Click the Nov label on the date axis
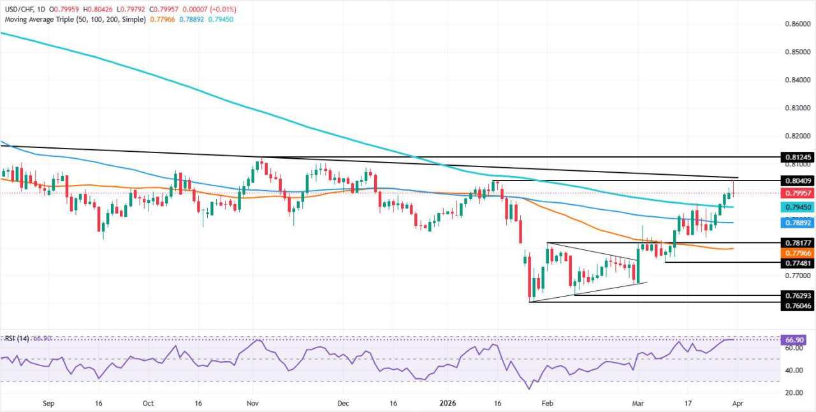coord(252,403)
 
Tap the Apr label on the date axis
coord(736,403)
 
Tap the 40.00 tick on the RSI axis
coord(793,371)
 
